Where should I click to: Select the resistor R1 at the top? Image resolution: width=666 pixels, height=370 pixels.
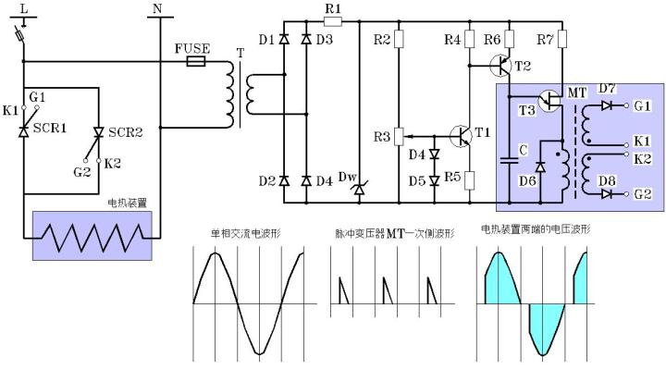[x=333, y=20]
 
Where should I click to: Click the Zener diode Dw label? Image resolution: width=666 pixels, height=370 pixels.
[x=347, y=177]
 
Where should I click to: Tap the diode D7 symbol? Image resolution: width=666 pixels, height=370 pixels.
[x=606, y=106]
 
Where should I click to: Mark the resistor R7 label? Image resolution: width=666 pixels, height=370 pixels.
[x=546, y=40]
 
